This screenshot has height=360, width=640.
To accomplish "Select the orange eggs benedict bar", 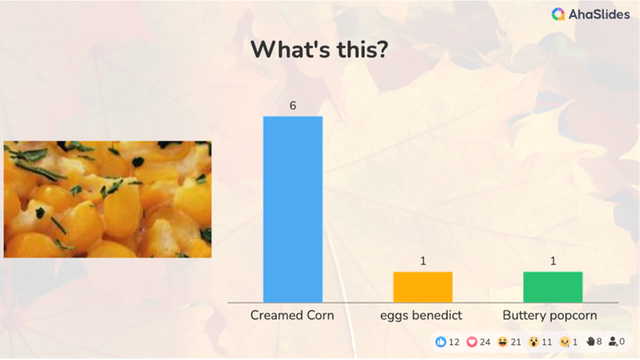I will click(422, 287).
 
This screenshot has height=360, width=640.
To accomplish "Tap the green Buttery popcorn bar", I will click(552, 287).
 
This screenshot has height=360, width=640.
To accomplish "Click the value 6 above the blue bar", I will click(293, 105).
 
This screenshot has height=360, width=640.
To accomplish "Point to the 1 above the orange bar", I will click(423, 261).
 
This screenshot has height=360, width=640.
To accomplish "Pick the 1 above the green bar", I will click(553, 261).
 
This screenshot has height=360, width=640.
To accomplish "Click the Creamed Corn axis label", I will click(292, 315).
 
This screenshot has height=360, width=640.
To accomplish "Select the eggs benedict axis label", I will click(421, 315).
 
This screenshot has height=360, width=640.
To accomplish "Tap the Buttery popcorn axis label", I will click(549, 315).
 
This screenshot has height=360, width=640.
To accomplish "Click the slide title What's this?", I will click(318, 49).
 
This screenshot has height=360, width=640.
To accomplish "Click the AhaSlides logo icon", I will click(558, 14).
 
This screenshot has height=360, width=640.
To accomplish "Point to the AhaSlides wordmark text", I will click(599, 15).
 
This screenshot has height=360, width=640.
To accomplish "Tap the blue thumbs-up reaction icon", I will click(440, 342).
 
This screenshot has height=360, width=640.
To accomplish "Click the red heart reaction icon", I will click(471, 342).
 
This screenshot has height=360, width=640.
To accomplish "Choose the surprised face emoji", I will click(533, 342).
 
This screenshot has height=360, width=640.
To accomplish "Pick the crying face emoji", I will click(564, 342).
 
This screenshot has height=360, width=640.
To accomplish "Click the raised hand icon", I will click(590, 341).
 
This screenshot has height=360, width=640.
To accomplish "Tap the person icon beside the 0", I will click(613, 341).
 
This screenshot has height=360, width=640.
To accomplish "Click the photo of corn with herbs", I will click(107, 199).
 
